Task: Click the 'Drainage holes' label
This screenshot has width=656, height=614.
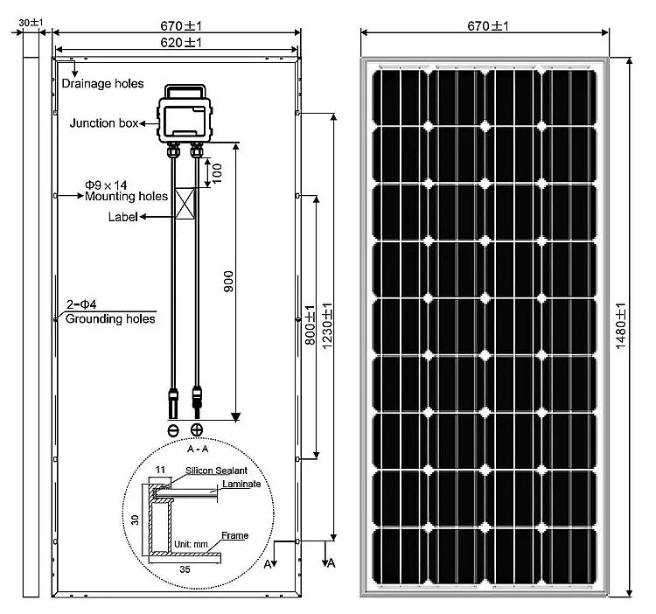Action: coord(102,84)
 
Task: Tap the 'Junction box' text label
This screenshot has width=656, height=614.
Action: coord(104,123)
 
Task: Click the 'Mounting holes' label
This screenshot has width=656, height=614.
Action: coord(126,197)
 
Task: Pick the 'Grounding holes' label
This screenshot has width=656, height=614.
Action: coord(110,319)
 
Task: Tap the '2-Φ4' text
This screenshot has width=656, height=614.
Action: coord(81,304)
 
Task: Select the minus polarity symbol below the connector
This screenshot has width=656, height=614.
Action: coord(172,429)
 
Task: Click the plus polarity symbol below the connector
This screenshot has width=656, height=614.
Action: coord(197,429)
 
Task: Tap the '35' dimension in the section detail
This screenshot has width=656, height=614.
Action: coord(185,568)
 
